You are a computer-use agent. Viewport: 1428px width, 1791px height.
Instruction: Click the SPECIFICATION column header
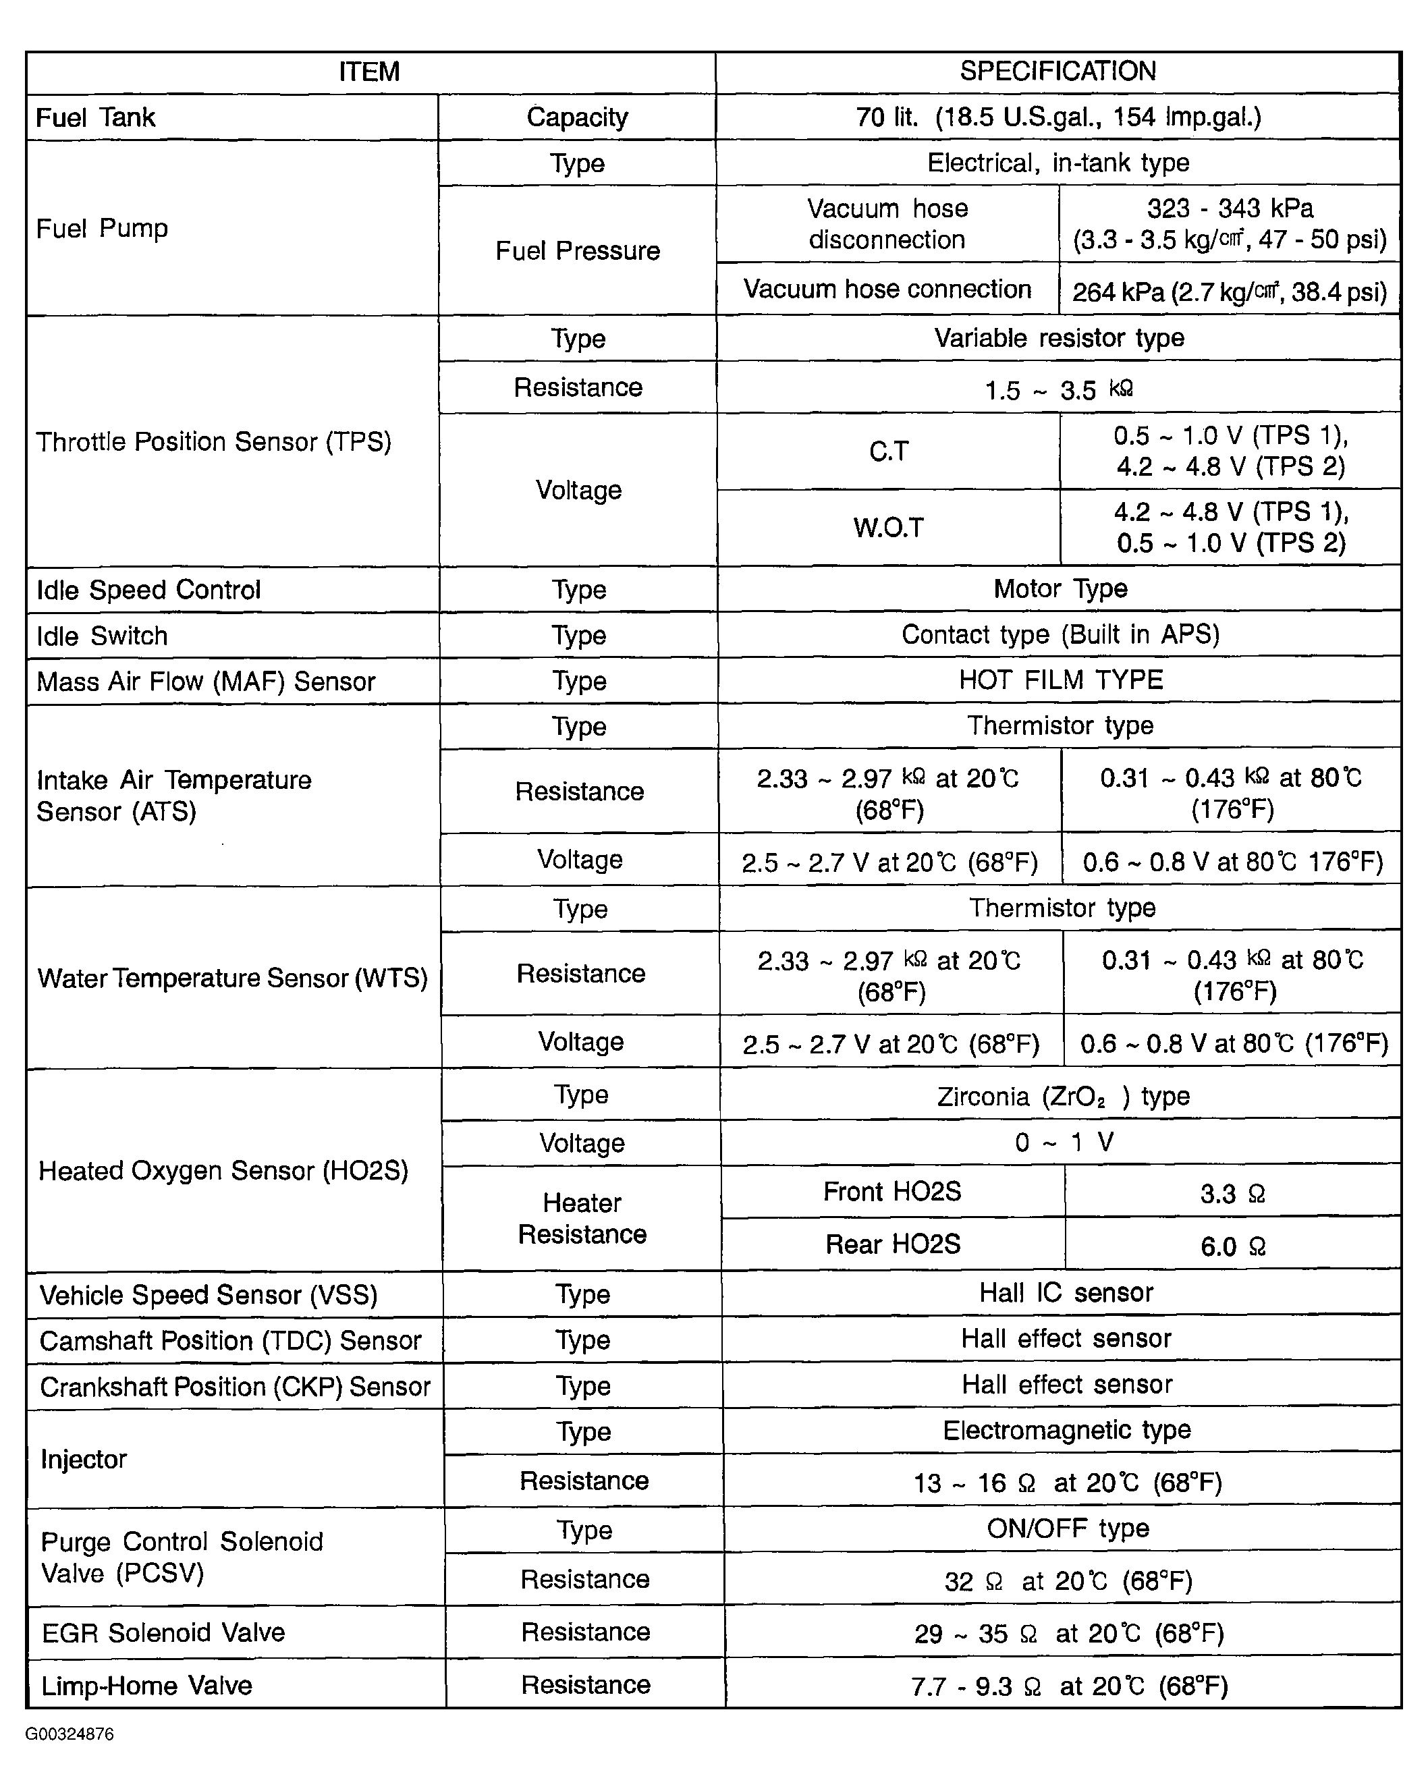click(x=1058, y=72)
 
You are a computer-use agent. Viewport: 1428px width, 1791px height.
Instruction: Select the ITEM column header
click(x=369, y=72)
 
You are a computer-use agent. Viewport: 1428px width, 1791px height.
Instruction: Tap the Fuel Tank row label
click(x=96, y=117)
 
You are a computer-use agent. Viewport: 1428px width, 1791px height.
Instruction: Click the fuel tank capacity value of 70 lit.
click(x=1058, y=117)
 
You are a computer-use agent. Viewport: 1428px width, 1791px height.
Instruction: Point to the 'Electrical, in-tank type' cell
click(x=1058, y=163)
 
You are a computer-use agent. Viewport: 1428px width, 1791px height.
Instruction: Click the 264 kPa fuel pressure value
click(x=1229, y=292)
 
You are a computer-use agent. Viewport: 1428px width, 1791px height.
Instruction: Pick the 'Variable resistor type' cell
click(x=1058, y=338)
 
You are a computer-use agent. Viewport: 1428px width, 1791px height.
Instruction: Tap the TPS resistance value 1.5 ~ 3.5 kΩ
click(x=1058, y=389)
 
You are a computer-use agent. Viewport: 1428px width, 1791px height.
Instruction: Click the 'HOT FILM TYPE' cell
click(x=1060, y=680)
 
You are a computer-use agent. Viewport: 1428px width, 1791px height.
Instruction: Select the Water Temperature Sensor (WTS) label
click(x=233, y=978)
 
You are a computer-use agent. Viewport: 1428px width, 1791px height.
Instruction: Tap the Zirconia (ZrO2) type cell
click(x=1062, y=1097)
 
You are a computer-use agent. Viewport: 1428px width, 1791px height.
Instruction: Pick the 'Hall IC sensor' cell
click(x=1065, y=1292)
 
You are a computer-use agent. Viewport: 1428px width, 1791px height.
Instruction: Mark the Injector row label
click(x=84, y=1459)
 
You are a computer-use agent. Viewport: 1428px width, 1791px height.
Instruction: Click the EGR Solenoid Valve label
click(x=163, y=1632)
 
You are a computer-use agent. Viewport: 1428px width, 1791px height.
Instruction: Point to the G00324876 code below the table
click(x=70, y=1734)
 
